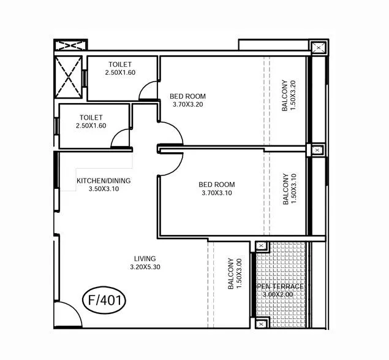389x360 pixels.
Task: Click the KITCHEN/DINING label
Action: (x=104, y=181)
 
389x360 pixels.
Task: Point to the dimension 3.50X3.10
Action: (x=104, y=190)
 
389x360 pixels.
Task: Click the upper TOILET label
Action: (x=120, y=64)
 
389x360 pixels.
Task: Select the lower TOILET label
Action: (x=91, y=117)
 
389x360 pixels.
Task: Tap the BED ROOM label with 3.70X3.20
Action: (x=187, y=96)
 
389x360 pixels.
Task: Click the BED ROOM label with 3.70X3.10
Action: (x=217, y=185)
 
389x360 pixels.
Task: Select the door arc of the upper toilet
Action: (x=148, y=92)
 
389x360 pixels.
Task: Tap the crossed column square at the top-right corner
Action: (x=319, y=48)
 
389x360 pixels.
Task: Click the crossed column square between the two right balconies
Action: (x=317, y=150)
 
